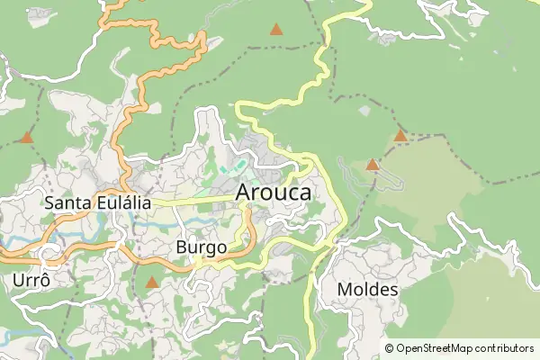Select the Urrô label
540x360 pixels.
[x=31, y=280]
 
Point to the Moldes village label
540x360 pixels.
[x=367, y=290]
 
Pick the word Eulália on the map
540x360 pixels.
[x=124, y=202]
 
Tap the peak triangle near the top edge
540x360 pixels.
[x=276, y=30]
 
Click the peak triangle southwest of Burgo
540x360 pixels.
[x=151, y=283]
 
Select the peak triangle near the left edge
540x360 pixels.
[x=27, y=139]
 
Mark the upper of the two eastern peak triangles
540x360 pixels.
[x=400, y=137]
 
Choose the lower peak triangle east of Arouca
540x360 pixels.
[x=373, y=165]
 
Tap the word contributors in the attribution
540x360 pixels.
[x=505, y=348]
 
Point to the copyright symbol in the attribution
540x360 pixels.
[x=389, y=348]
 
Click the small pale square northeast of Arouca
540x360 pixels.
[x=364, y=111]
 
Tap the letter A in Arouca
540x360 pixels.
[x=245, y=192]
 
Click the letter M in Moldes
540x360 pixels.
[x=345, y=290]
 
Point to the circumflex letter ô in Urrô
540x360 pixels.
[x=43, y=280]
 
